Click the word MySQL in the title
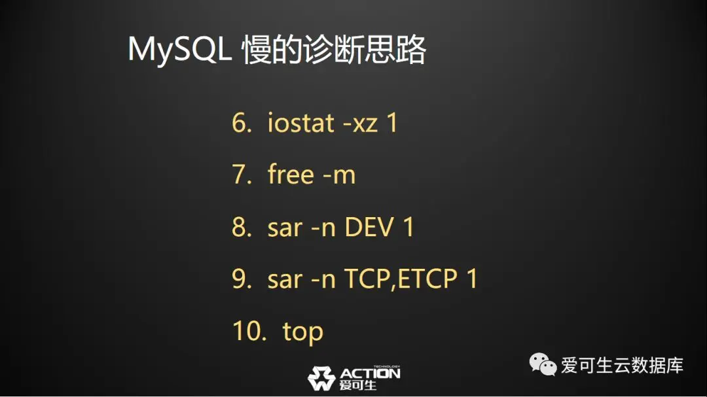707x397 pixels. click(x=179, y=49)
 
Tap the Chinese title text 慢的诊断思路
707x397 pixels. click(x=334, y=49)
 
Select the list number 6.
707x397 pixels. click(x=242, y=122)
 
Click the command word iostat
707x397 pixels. click(x=300, y=122)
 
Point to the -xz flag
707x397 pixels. click(x=361, y=124)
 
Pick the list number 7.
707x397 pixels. click(x=242, y=175)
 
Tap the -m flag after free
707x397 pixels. click(x=340, y=176)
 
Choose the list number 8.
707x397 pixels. click(x=242, y=227)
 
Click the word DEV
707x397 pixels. click(x=369, y=227)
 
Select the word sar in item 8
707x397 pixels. click(x=285, y=229)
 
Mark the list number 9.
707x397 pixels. click(x=242, y=279)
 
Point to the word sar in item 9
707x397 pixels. click(x=285, y=281)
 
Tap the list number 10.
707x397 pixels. click(x=249, y=331)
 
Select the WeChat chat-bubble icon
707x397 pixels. click(x=543, y=364)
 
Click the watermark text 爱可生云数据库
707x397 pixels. click(x=623, y=365)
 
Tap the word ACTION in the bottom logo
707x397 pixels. click(x=370, y=373)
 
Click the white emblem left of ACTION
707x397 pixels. click(x=321, y=378)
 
